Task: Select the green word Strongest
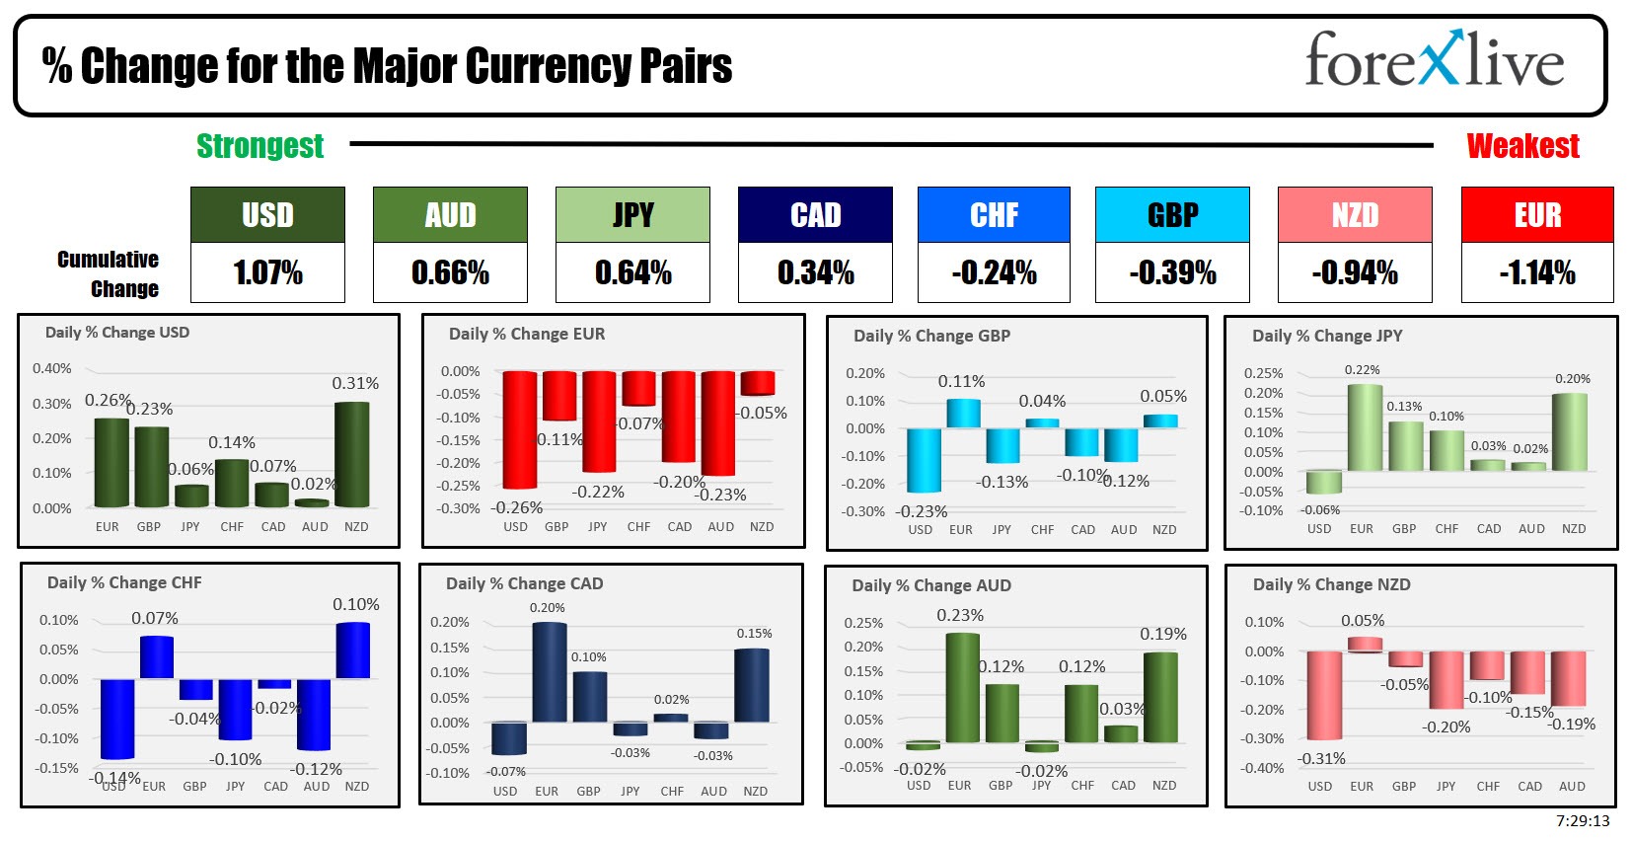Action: [260, 146]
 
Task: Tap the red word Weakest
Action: [1522, 146]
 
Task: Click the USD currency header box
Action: [267, 215]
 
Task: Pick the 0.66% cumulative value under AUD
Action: [450, 272]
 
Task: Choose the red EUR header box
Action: [1536, 215]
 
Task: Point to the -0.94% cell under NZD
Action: [1354, 272]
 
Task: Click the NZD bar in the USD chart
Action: [352, 454]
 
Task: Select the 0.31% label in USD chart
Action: [355, 383]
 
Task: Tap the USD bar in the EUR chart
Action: [519, 429]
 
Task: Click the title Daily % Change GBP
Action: [931, 336]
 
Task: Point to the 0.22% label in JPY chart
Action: [1362, 369]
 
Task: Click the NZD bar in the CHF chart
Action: [353, 651]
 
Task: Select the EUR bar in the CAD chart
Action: [550, 672]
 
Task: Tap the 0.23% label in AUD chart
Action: [959, 615]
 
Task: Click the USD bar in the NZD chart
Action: [1324, 695]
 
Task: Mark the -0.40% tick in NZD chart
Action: [1264, 768]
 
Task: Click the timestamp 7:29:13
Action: [1582, 820]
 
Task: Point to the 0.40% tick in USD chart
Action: [52, 368]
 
